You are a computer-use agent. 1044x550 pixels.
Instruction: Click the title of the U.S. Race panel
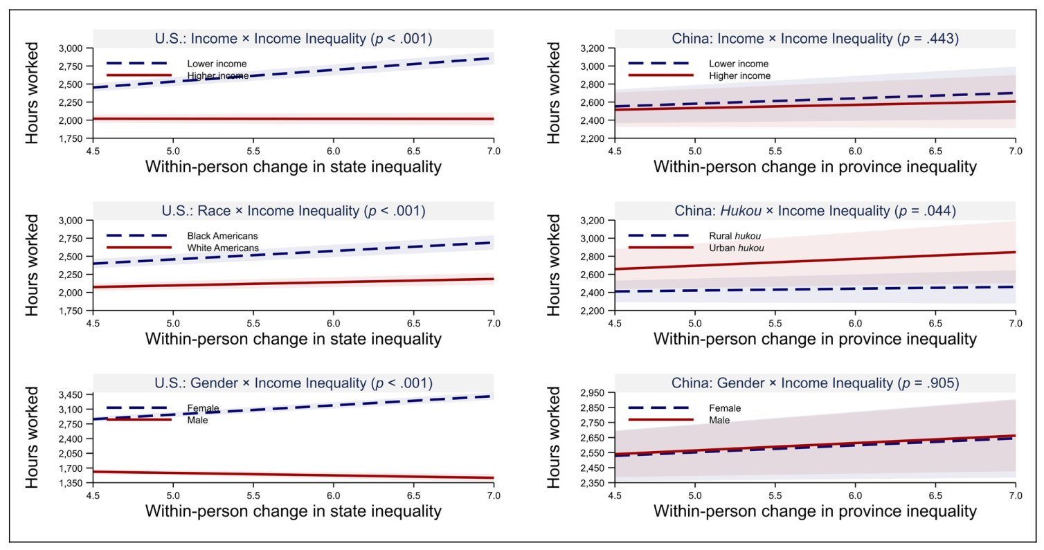point(294,211)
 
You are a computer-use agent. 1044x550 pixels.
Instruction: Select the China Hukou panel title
point(815,211)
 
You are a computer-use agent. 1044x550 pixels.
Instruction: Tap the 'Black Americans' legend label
point(222,236)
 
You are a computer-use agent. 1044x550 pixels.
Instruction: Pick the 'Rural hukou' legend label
point(735,236)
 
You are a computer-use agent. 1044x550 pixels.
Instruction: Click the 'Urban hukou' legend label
point(737,248)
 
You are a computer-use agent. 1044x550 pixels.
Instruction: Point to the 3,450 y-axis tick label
point(71,395)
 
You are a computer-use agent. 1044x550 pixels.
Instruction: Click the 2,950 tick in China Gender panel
point(592,393)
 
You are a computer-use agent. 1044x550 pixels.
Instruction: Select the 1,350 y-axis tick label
point(71,483)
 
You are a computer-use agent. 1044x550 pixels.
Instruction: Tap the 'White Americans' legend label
point(223,248)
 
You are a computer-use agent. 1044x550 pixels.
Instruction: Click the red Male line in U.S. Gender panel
point(294,475)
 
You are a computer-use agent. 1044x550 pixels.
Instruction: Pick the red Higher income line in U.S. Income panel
point(294,119)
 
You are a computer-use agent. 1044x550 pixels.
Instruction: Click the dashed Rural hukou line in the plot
point(815,289)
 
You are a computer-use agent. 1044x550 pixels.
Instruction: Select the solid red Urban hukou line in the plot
point(815,261)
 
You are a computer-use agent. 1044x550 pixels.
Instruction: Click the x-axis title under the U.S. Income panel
point(294,167)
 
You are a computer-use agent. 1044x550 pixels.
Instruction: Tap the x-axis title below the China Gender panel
point(815,511)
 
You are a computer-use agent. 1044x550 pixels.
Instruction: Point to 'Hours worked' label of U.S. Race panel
point(32,266)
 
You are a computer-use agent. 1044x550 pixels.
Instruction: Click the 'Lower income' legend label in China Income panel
point(739,64)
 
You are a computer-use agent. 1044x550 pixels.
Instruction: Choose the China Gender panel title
point(815,383)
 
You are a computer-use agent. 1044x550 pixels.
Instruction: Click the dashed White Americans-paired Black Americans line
point(294,253)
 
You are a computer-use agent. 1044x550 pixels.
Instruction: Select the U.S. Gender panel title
point(294,383)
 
